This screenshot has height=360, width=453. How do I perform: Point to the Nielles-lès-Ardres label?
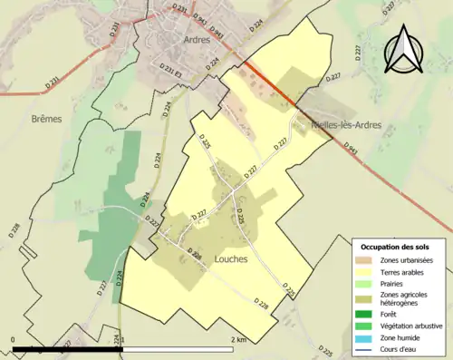point(345,124)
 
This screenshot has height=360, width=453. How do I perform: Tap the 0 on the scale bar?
point(13,339)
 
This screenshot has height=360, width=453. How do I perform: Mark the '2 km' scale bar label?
point(238,339)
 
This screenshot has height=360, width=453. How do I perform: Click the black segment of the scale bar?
point(68,349)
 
